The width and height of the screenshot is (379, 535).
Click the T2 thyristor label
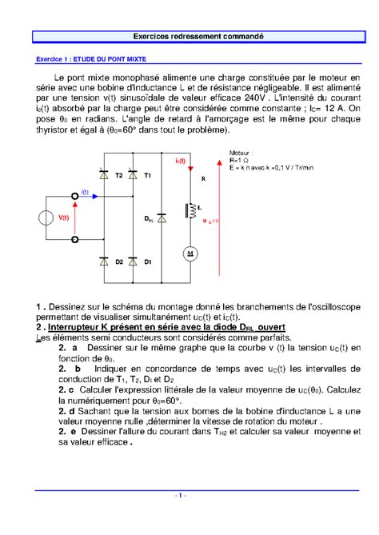[x=120, y=174]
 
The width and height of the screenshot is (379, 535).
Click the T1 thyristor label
[x=147, y=174]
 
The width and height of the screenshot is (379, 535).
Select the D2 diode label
[x=118, y=262]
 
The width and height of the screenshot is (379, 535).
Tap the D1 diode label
[x=148, y=262]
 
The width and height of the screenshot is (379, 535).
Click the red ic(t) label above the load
[x=180, y=161]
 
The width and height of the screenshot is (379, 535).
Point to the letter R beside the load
[x=203, y=180]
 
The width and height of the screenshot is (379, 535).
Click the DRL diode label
[x=149, y=218]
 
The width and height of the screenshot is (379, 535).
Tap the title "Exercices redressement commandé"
[x=189, y=37]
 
